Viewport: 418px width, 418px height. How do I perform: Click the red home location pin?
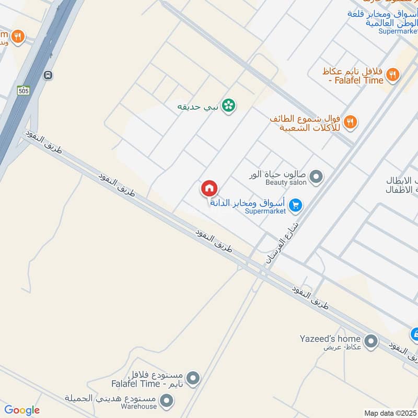[x=210, y=188]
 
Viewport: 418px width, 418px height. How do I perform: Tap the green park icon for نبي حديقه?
[x=228, y=106]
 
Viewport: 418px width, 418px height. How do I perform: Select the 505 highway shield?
[x=22, y=90]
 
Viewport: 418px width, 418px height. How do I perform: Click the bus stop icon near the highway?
[x=48, y=75]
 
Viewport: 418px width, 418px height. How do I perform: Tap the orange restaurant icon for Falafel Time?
[x=393, y=75]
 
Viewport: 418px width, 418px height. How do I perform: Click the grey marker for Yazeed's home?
[x=371, y=342]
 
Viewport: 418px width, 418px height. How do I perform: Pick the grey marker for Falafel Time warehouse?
[x=193, y=377]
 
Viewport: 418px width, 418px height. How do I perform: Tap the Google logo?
[x=21, y=410]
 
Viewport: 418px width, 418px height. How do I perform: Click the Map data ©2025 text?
[x=389, y=413]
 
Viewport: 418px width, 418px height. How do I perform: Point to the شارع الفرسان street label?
[x=283, y=242]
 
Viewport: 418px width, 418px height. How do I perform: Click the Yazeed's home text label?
[x=331, y=338]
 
